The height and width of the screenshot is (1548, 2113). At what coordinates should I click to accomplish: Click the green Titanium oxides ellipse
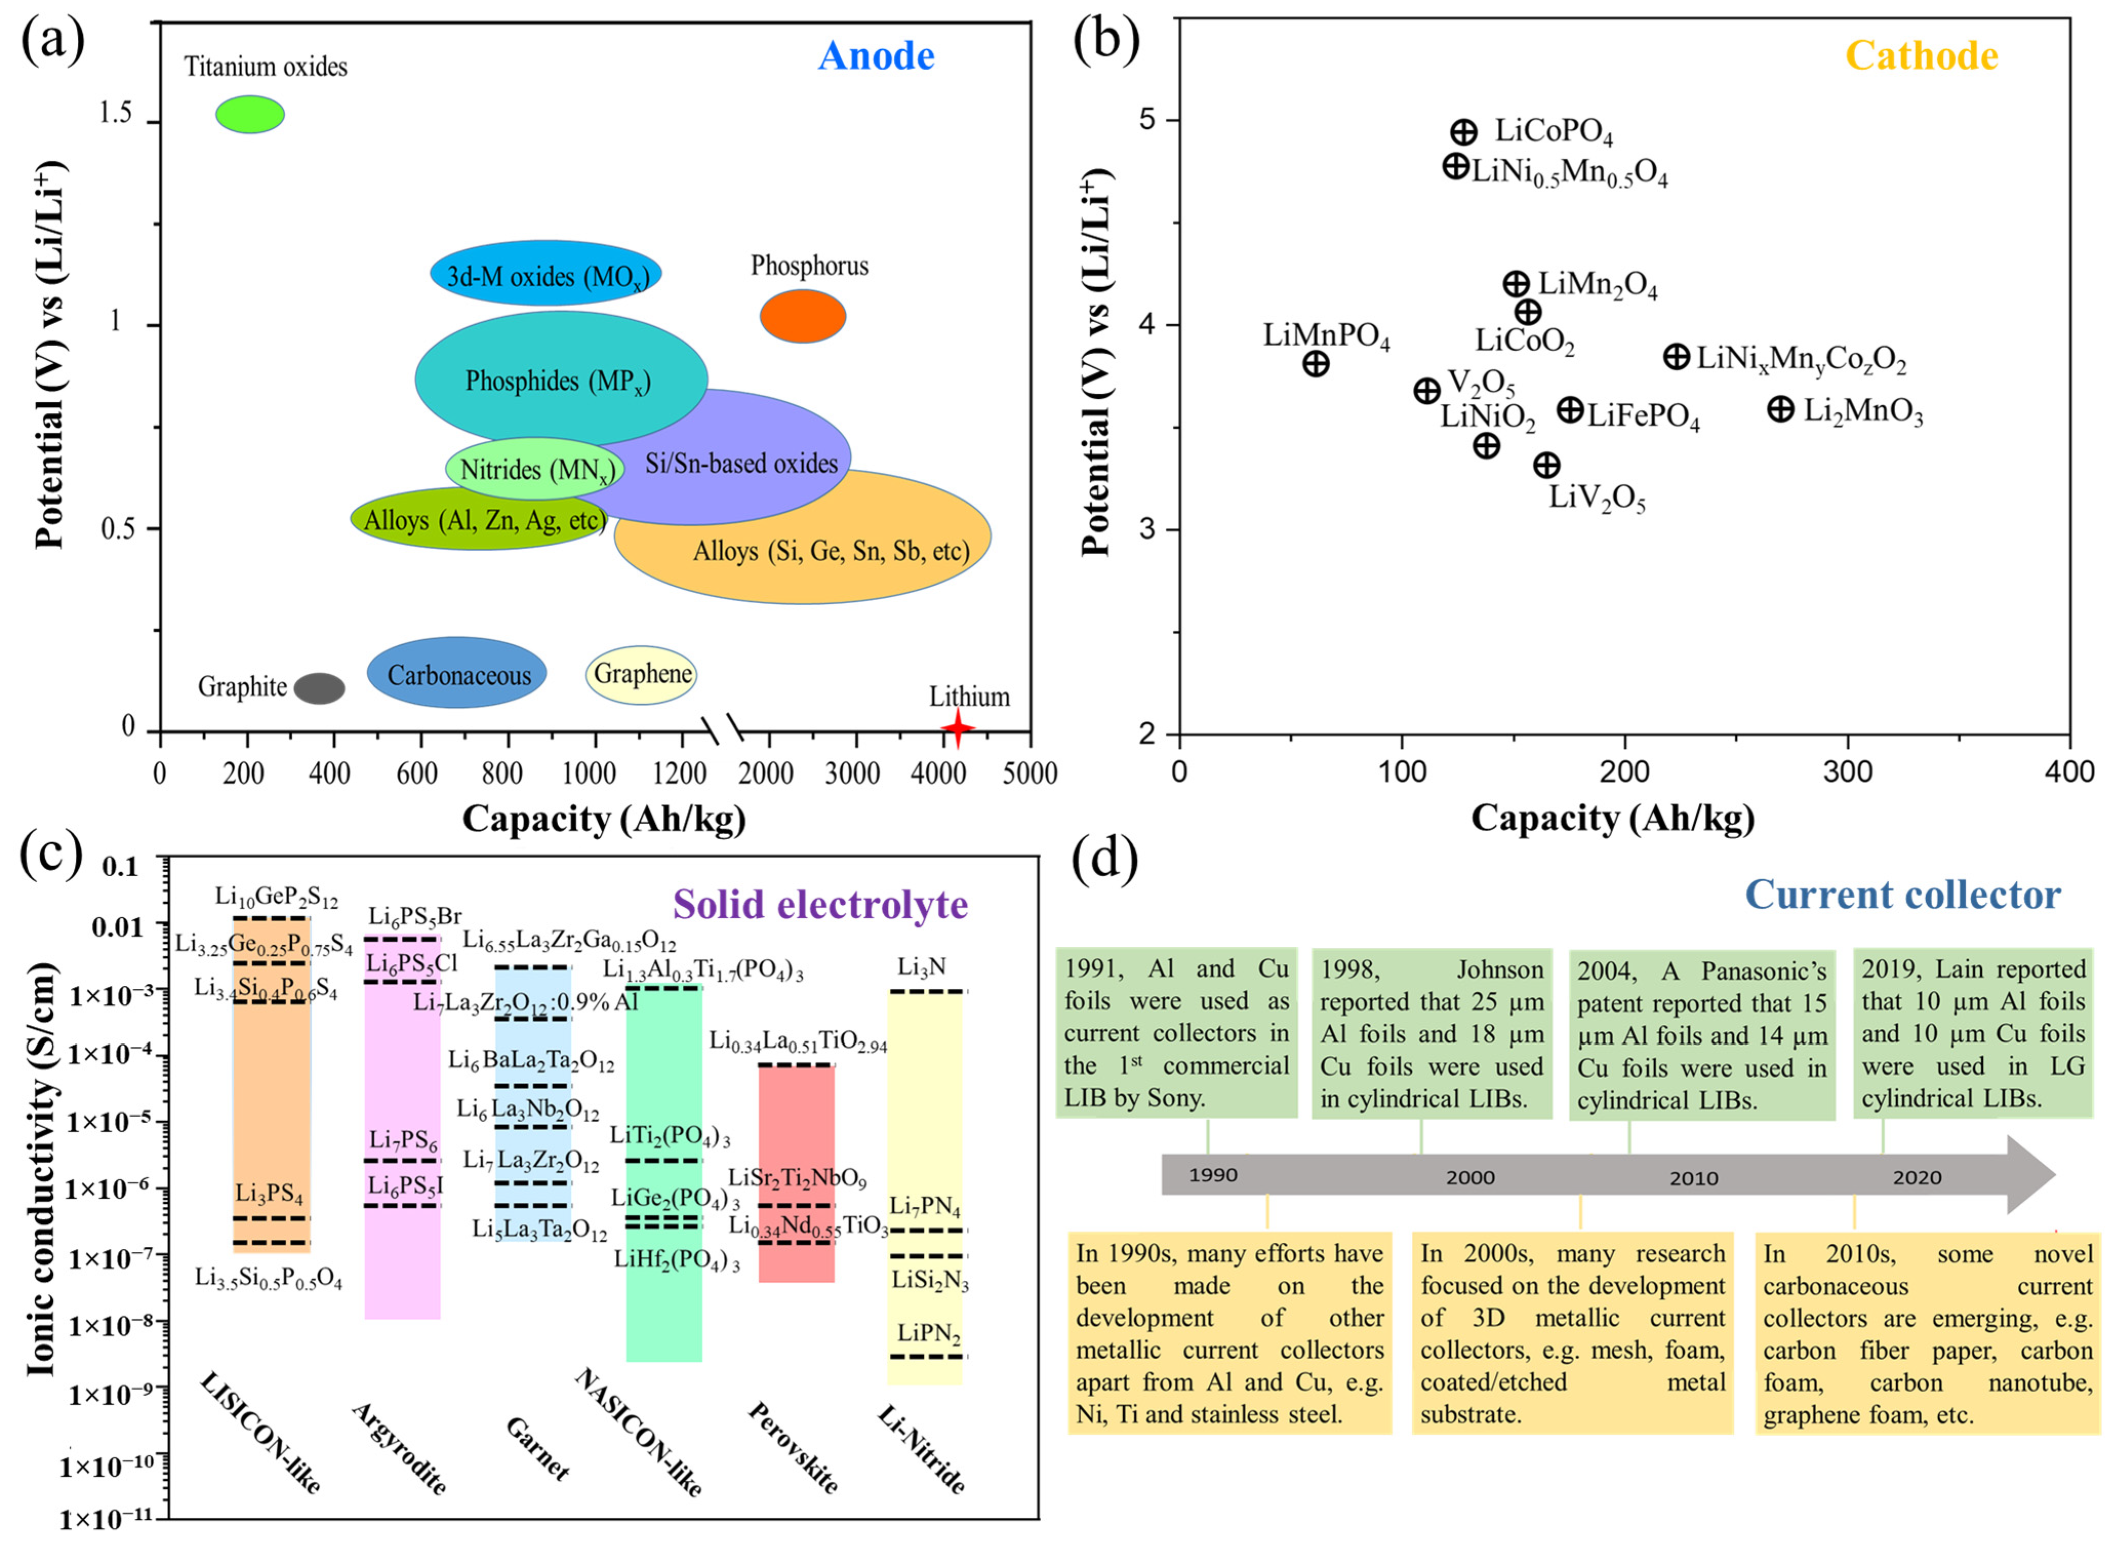pos(250,114)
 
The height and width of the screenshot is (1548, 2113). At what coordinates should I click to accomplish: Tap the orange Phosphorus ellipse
pos(803,316)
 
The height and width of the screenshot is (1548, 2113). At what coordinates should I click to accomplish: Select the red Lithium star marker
pos(957,728)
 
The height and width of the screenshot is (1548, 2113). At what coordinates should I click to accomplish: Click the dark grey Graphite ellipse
pos(319,688)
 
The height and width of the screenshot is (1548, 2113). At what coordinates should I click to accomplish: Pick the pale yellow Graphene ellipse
pos(642,674)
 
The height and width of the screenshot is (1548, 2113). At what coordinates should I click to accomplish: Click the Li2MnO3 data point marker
pos(1780,409)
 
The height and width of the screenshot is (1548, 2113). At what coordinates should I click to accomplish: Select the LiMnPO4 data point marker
pos(1316,364)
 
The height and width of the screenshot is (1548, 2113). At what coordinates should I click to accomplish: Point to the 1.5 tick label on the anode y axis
pos(116,114)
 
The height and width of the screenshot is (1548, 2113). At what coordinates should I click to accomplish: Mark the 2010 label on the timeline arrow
pos(1693,1178)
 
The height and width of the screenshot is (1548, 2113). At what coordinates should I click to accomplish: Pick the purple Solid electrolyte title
pos(821,904)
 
